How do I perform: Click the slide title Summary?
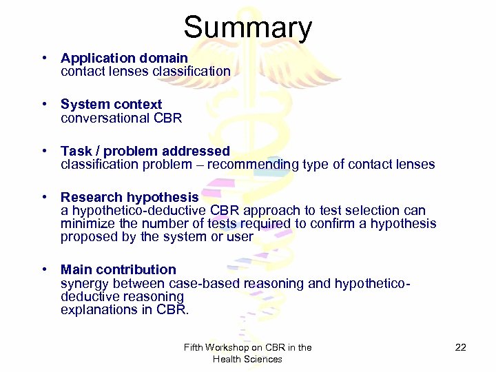coord(247,28)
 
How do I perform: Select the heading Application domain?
coord(124,58)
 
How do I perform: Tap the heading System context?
coord(111,105)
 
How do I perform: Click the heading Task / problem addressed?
coord(145,151)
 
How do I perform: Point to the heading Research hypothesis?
coord(130,198)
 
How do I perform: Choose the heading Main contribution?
coord(118,269)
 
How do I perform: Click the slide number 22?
coord(461,347)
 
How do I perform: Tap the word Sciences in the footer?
coord(265,359)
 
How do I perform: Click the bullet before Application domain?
coord(43,58)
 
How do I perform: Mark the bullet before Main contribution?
coord(43,269)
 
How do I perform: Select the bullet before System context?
coord(43,105)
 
